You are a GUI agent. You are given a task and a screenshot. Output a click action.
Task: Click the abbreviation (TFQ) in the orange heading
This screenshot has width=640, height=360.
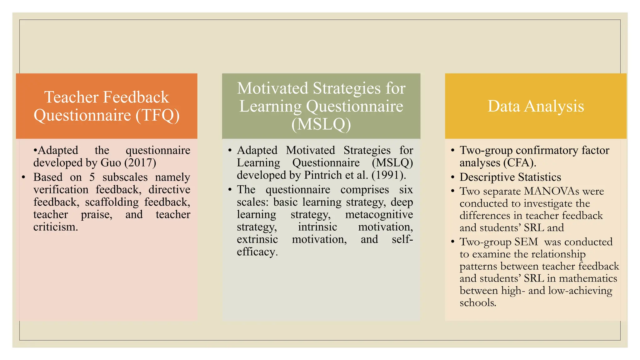tap(157, 115)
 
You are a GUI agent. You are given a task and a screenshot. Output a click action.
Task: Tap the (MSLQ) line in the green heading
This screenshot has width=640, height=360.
tap(321, 124)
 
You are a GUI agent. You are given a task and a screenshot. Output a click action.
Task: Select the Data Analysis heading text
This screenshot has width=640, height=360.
tap(536, 106)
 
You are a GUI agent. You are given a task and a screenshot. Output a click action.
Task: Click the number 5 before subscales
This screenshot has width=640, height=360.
tap(92, 177)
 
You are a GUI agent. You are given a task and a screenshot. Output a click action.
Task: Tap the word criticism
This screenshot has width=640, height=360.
tap(55, 227)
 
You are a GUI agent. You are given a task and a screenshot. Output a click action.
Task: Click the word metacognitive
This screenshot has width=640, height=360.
tap(379, 215)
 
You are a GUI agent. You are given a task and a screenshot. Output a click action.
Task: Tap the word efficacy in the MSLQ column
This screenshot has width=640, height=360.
tap(257, 252)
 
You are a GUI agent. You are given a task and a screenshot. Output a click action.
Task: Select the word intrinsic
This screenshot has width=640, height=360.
tap(317, 227)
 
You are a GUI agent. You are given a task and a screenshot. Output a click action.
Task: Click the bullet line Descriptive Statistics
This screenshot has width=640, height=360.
tap(510, 177)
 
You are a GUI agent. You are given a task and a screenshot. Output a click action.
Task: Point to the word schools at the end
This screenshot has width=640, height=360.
tap(477, 303)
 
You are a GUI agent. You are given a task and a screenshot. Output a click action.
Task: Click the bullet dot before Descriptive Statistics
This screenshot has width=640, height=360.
tap(452, 177)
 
